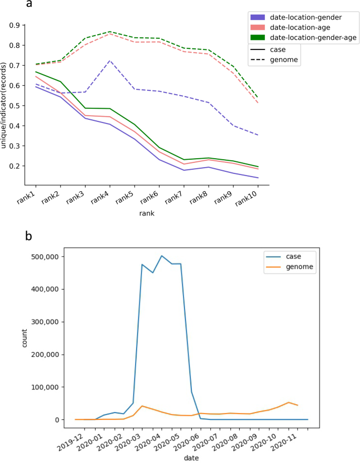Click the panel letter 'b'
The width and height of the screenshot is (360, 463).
[30, 236]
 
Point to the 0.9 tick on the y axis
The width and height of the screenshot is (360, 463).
[14, 25]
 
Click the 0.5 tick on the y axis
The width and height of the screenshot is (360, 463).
[14, 106]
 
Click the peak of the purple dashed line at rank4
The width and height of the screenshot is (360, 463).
[110, 60]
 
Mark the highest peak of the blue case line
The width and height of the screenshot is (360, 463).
[162, 256]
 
